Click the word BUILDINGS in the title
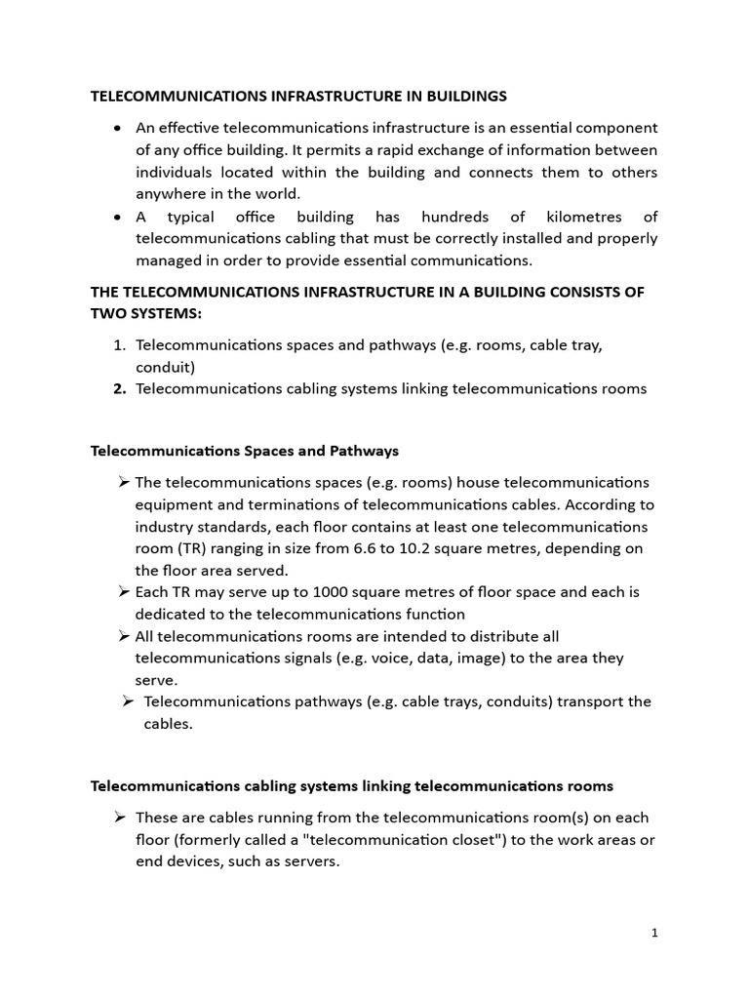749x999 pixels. (x=462, y=96)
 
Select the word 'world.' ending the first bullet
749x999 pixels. (x=279, y=194)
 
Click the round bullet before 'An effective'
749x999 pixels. (x=118, y=129)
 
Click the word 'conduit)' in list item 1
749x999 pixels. (x=165, y=368)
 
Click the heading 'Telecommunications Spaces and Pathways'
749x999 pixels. (x=245, y=451)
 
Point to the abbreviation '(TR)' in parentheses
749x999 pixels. (x=191, y=548)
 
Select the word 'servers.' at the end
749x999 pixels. (x=309, y=861)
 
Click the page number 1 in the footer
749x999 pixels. (x=654, y=933)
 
